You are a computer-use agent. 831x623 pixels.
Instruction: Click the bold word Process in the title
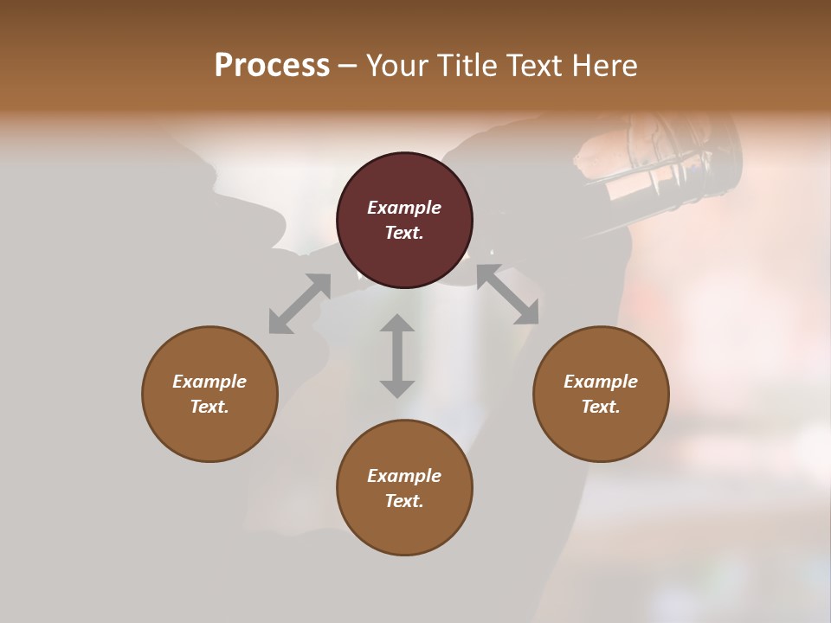pyautogui.click(x=272, y=66)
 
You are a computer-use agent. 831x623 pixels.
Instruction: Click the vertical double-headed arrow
pyautogui.click(x=397, y=356)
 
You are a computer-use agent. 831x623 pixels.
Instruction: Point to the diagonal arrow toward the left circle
pyautogui.click(x=300, y=304)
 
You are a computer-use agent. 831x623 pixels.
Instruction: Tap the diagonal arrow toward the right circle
pyautogui.click(x=508, y=295)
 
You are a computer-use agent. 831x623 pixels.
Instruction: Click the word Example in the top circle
pyautogui.click(x=404, y=208)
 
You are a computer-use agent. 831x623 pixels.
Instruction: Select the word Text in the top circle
pyautogui.click(x=403, y=233)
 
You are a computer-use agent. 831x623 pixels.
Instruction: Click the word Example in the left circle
pyautogui.click(x=209, y=382)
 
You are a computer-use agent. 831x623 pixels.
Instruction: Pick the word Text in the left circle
pyautogui.click(x=208, y=407)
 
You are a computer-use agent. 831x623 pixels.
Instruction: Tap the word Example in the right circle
pyautogui.click(x=601, y=382)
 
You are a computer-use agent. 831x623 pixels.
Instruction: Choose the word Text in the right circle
pyautogui.click(x=599, y=407)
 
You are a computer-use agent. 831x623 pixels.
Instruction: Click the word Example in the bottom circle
pyautogui.click(x=404, y=476)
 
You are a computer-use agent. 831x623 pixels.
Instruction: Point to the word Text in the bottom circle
pyautogui.click(x=403, y=501)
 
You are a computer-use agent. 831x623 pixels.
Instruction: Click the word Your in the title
pyautogui.click(x=395, y=66)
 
